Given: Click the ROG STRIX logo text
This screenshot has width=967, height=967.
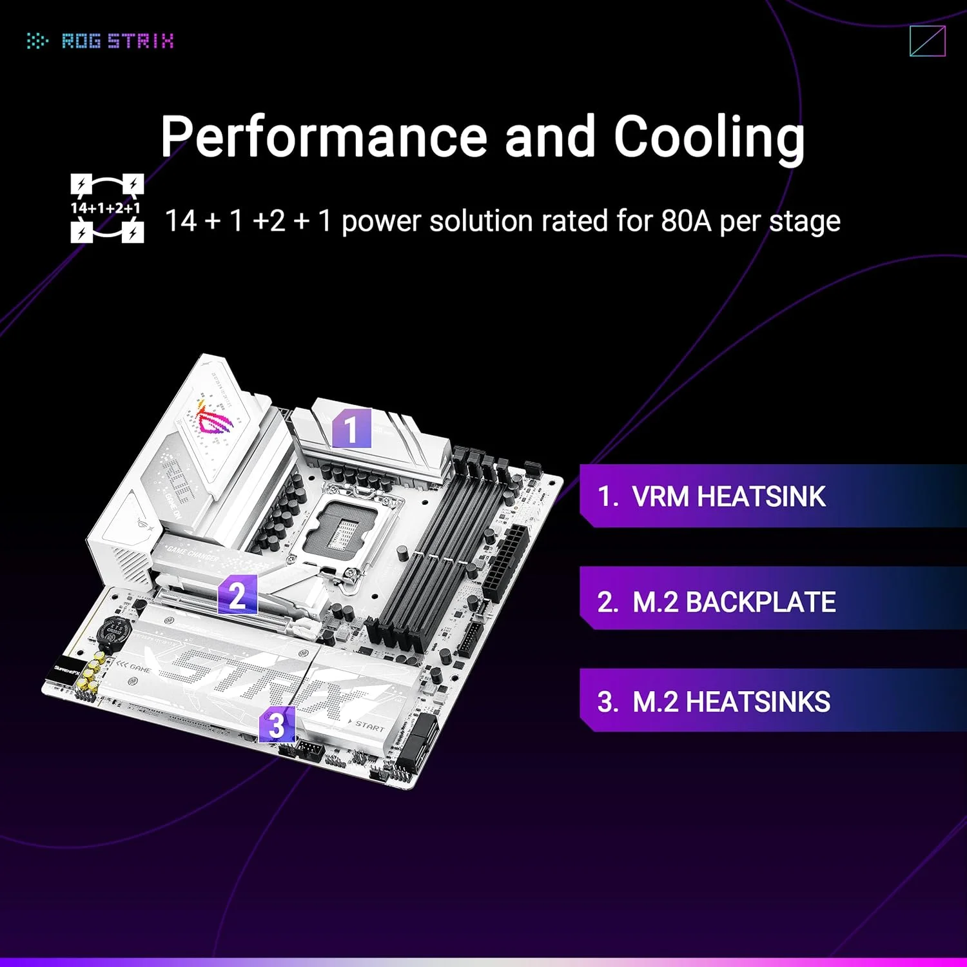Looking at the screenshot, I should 117,41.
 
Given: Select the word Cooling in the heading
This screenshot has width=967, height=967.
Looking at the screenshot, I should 709,137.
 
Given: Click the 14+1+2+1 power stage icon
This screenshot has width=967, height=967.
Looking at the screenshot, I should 106,208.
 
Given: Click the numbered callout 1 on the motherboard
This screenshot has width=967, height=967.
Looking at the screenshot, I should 351,429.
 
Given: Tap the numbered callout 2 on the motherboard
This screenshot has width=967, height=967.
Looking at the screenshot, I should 237,594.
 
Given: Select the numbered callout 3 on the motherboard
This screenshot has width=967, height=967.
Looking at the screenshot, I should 277,725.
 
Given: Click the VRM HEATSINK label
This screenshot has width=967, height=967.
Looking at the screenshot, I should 728,496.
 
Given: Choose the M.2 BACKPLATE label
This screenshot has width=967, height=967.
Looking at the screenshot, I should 734,602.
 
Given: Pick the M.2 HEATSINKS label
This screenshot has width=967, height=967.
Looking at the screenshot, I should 731,701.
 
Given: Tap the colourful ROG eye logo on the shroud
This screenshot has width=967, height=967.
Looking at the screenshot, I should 214,420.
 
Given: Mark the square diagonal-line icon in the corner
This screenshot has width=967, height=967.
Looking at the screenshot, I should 927,41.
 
